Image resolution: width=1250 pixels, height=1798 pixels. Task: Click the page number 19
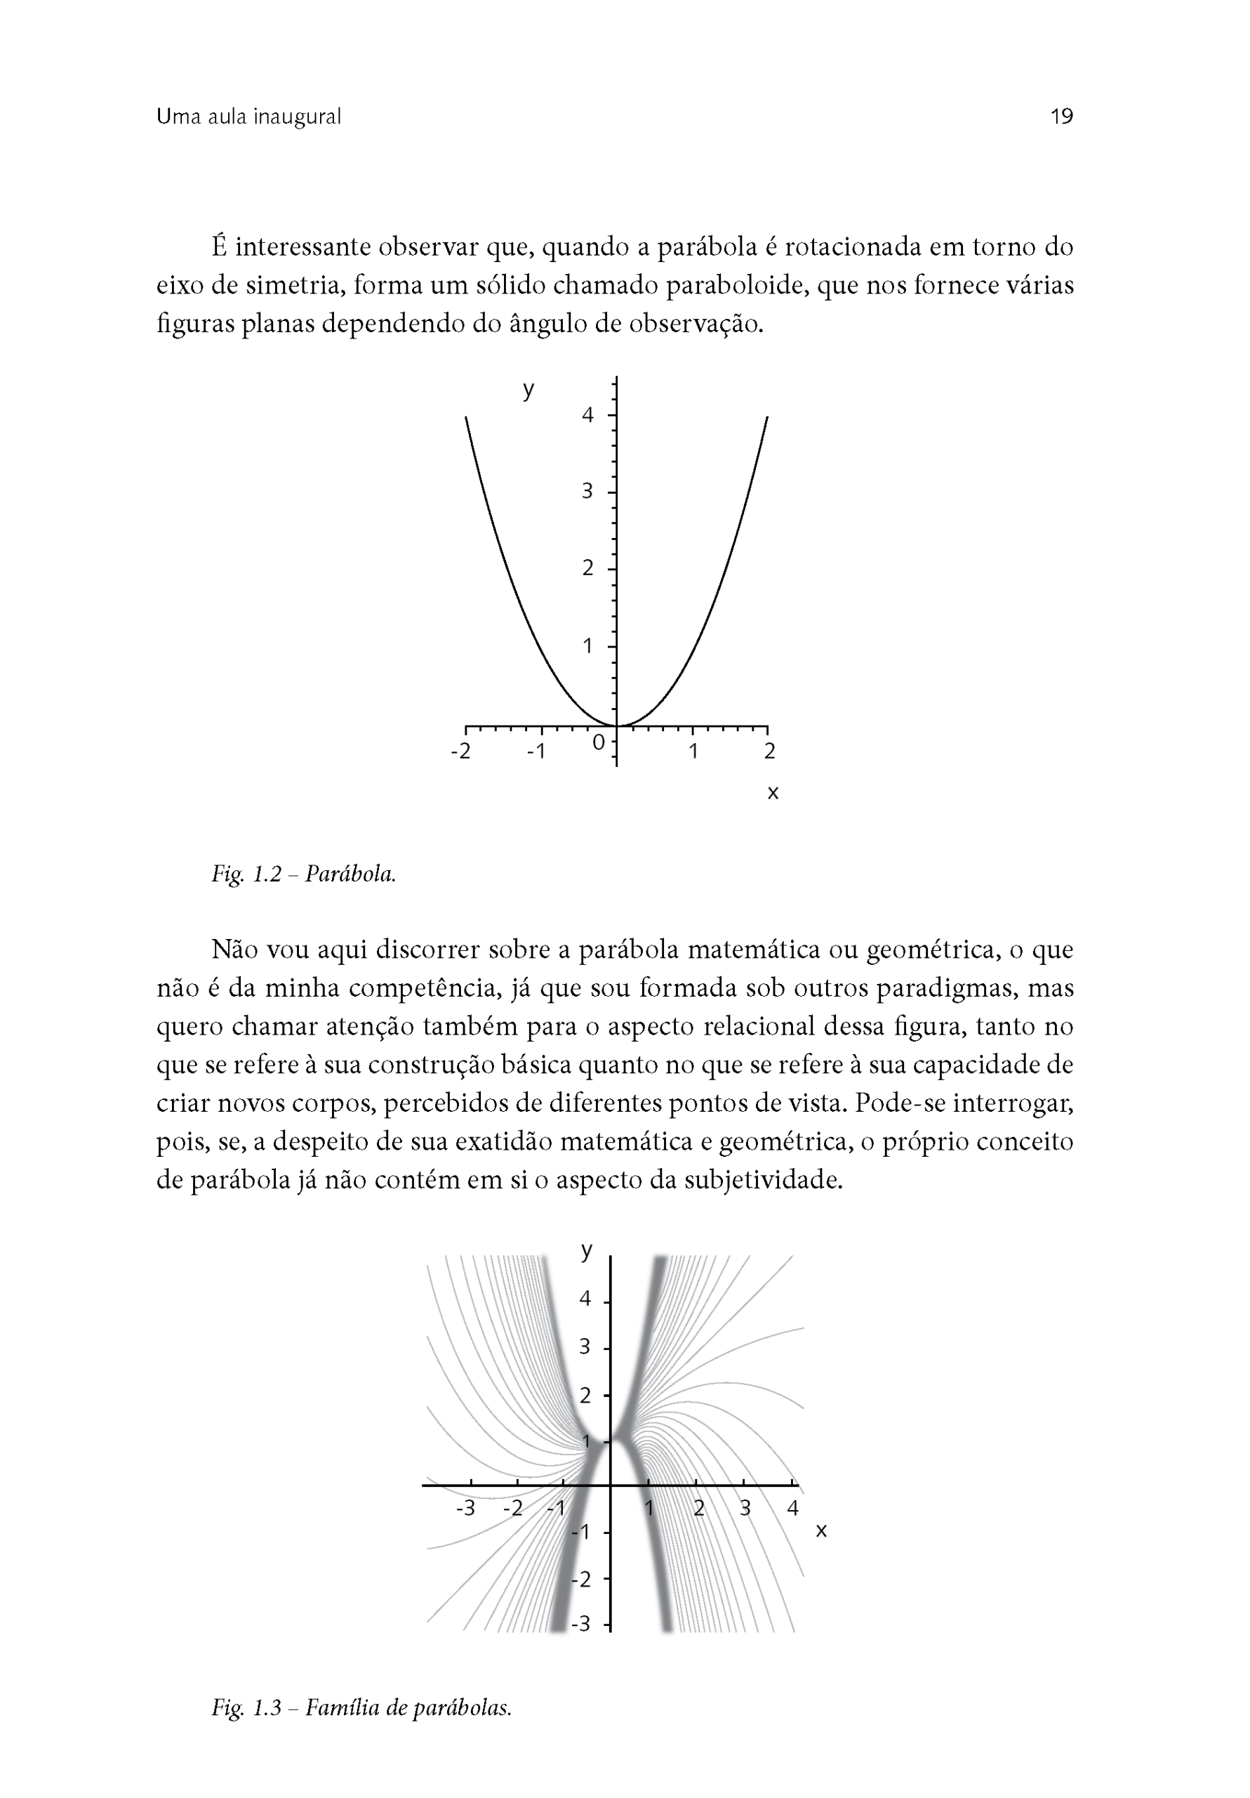pyautogui.click(x=1060, y=117)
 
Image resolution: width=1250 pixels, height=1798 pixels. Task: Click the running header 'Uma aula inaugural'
pyautogui.click(x=249, y=117)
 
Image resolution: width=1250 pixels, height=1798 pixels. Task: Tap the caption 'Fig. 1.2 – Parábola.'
pyautogui.click(x=304, y=874)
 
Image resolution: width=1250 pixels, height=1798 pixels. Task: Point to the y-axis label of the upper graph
pyautogui.click(x=528, y=388)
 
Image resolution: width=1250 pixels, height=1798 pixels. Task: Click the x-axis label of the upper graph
pyautogui.click(x=773, y=792)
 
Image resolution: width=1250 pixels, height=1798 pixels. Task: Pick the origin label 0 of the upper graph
pyautogui.click(x=599, y=742)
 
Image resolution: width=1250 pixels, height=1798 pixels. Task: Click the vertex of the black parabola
pyautogui.click(x=617, y=726)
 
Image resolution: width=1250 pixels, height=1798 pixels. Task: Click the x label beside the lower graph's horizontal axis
pyautogui.click(x=821, y=1530)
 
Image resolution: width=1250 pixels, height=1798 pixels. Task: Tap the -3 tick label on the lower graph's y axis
pyautogui.click(x=580, y=1623)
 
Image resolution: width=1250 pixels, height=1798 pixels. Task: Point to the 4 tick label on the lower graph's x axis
pyautogui.click(x=792, y=1507)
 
